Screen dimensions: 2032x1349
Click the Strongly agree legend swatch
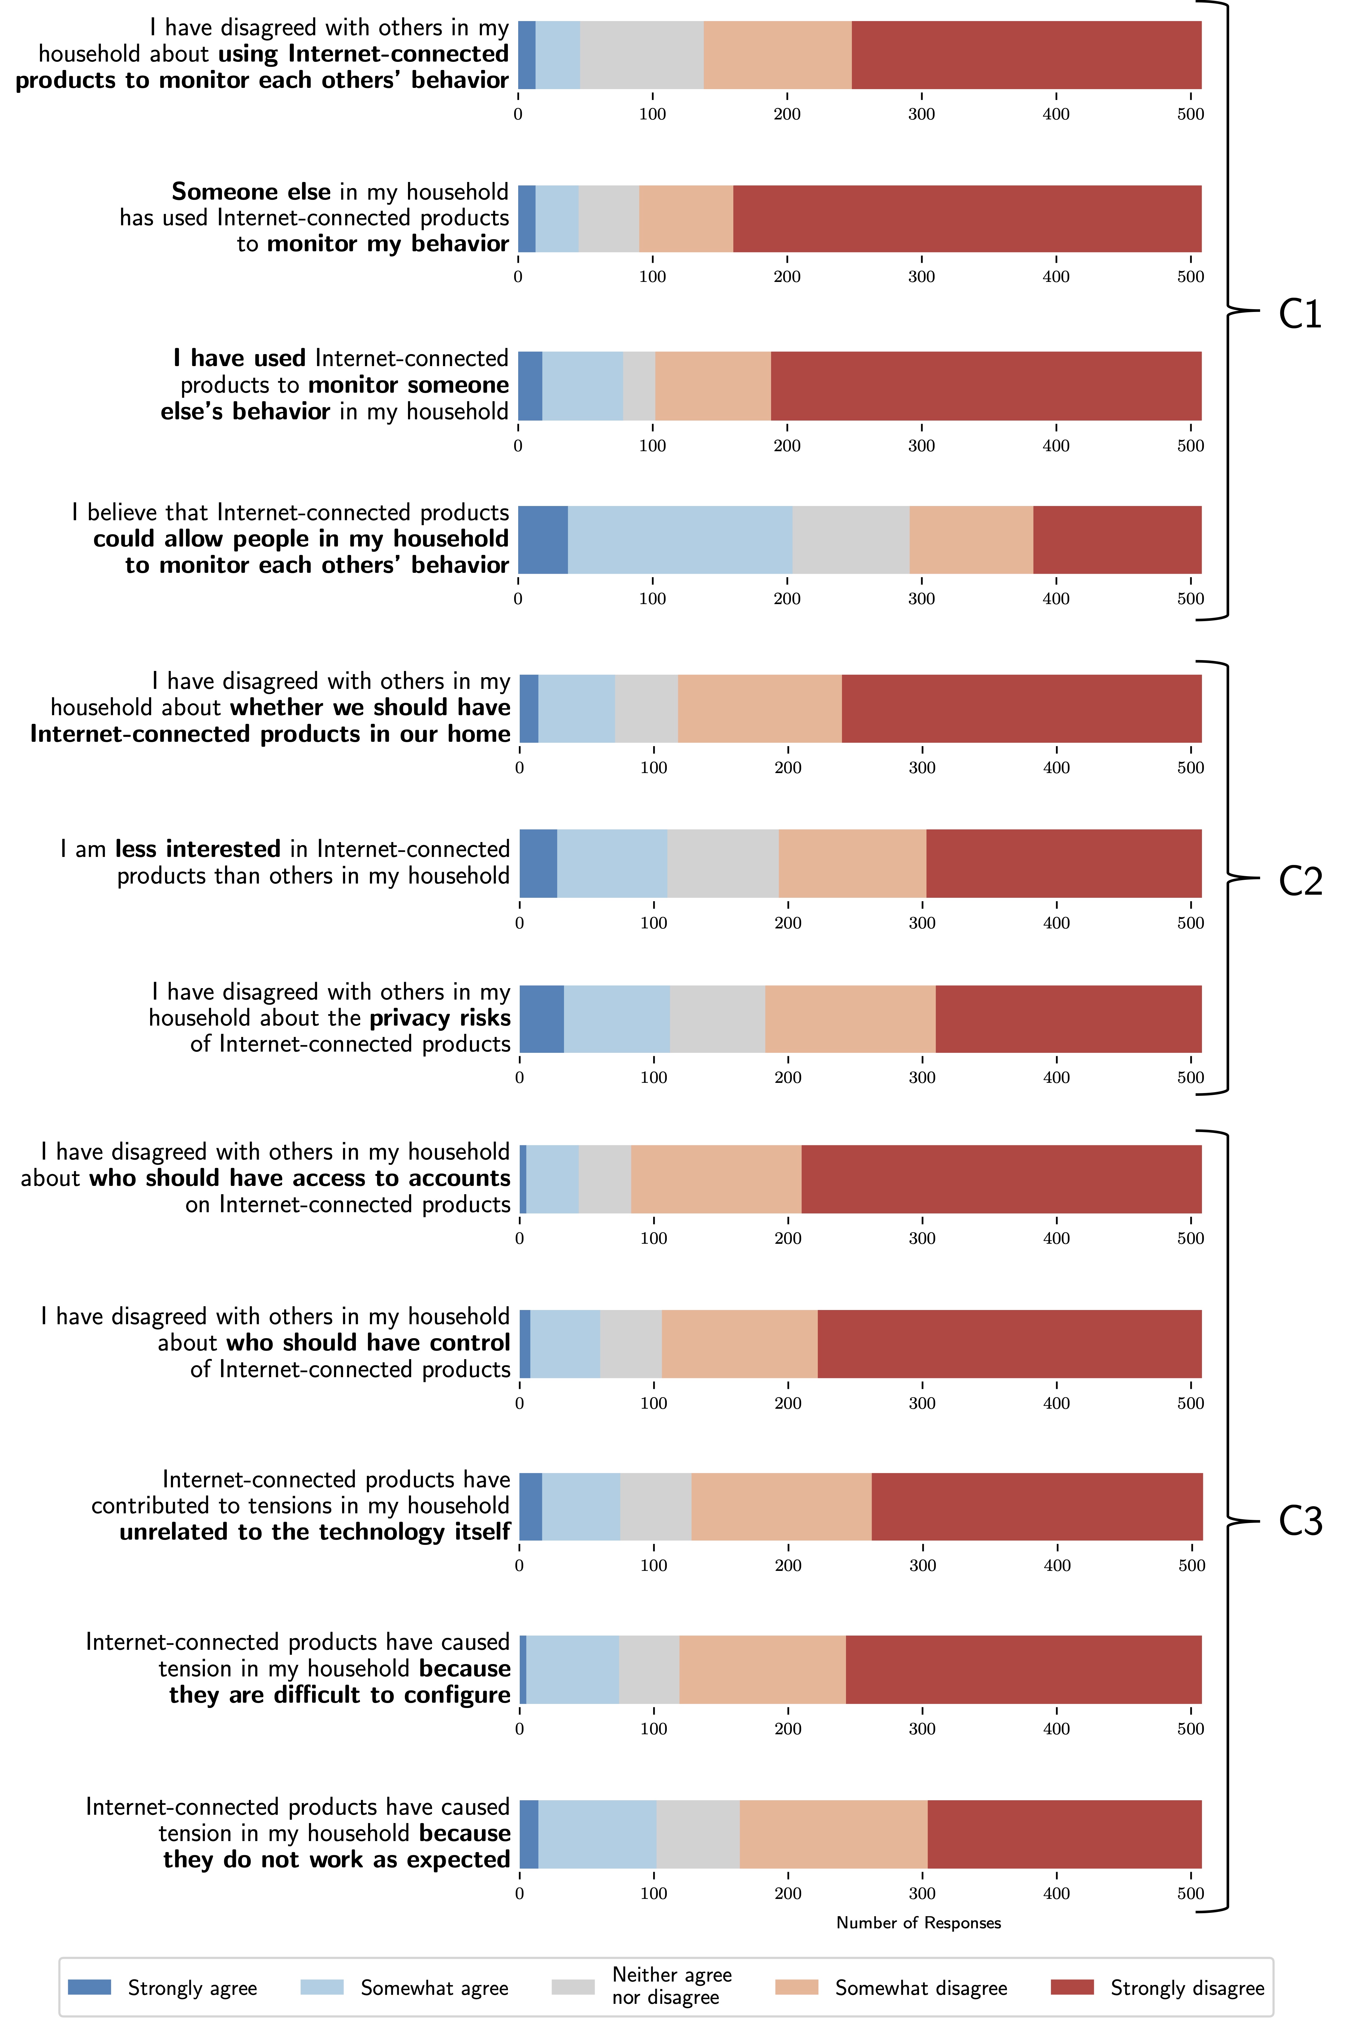[x=89, y=1987]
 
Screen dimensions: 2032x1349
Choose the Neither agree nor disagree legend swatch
[x=573, y=1987]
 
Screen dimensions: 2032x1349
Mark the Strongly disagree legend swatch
[x=1072, y=1987]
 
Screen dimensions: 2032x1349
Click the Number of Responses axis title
[x=918, y=1923]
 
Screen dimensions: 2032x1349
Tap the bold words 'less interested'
[x=198, y=850]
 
